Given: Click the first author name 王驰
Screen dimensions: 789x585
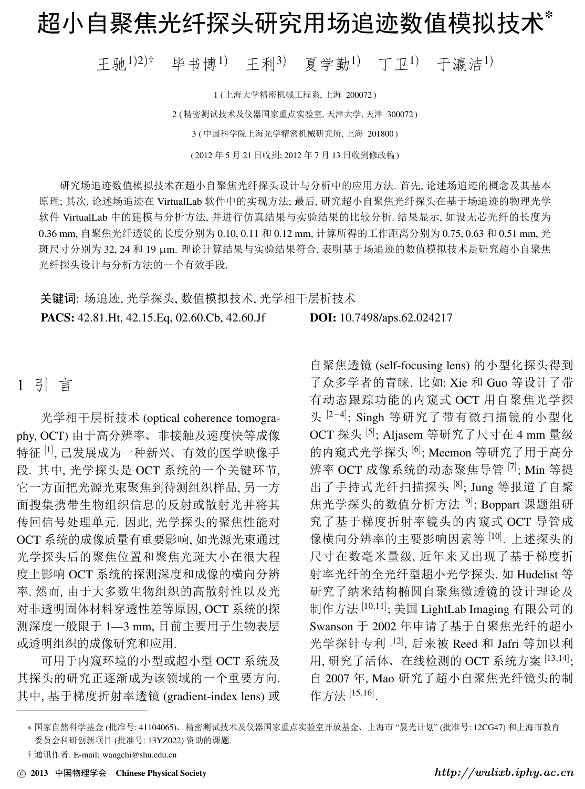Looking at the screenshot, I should coord(111,65).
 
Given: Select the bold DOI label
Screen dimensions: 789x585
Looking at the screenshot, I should coord(323,317).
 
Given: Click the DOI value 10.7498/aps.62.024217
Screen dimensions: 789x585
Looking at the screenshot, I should coord(396,317).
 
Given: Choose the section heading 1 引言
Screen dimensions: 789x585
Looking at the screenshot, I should coord(45,386).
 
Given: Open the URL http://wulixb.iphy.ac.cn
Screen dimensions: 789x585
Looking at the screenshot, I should coord(505,772).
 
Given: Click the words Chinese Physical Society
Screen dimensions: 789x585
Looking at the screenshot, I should coord(161,773).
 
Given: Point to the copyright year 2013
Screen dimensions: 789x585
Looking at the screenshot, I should coord(40,773).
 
